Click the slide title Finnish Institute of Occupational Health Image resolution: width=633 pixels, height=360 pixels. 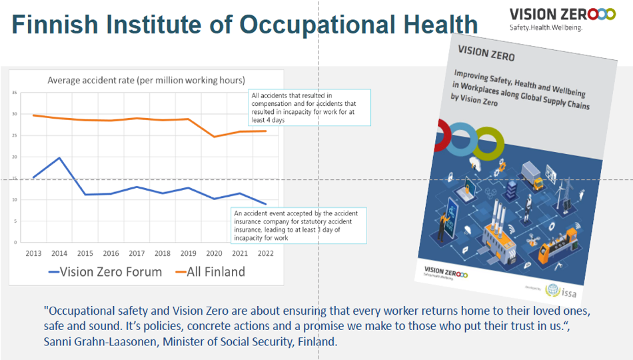245,25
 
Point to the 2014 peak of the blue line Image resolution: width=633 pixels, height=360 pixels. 60,158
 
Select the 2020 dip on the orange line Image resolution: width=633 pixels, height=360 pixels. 215,137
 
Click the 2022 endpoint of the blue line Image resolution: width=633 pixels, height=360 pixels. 266,204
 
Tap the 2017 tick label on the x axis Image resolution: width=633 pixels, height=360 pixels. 137,253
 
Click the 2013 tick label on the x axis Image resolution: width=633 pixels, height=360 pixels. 34,253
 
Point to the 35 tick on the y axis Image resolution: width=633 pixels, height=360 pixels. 15,93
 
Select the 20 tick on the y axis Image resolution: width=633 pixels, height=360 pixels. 15,157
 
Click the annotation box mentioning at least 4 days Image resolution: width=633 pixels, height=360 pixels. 309,107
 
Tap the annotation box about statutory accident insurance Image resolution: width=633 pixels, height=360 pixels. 300,225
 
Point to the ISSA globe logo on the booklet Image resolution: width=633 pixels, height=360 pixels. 552,291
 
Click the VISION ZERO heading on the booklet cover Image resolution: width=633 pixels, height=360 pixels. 486,53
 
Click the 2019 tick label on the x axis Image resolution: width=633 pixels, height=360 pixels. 189,253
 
